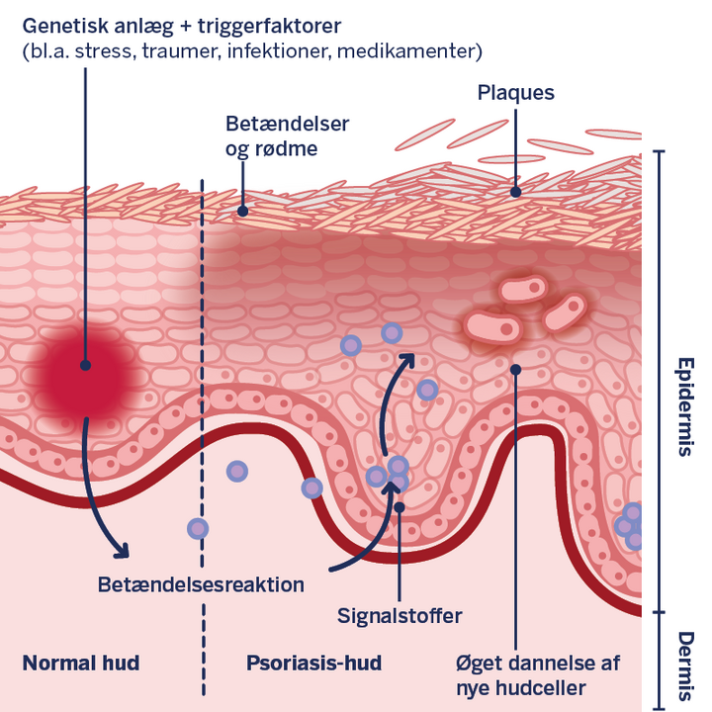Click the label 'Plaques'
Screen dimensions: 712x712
[516, 94]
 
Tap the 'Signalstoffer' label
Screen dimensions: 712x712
[400, 616]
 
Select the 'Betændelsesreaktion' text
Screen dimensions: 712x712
[201, 584]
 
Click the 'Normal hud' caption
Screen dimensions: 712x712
[81, 663]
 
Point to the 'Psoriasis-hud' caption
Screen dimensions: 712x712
[313, 663]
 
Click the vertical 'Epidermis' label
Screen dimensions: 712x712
[685, 406]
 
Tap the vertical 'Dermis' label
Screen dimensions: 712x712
[685, 666]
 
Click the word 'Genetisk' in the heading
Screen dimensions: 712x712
[66, 27]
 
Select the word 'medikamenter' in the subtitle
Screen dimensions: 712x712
[406, 50]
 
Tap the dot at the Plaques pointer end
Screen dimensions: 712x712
[515, 192]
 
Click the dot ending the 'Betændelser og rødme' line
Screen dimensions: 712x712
[243, 212]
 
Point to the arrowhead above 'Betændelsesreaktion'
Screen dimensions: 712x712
[122, 550]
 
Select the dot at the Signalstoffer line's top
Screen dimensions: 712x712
[400, 507]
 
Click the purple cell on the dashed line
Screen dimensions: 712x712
[198, 529]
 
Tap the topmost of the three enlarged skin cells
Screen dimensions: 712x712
[523, 288]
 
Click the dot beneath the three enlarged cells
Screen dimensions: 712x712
[515, 370]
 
